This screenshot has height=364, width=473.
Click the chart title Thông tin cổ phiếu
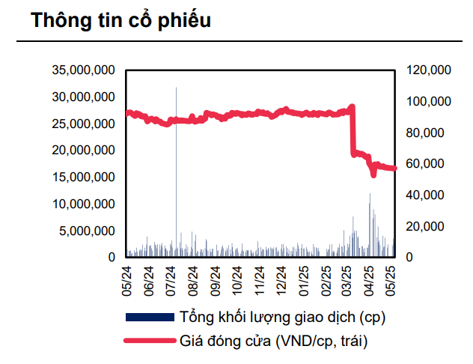click(120, 20)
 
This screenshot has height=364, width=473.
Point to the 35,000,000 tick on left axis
click(83, 70)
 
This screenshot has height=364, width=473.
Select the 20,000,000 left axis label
click(83, 151)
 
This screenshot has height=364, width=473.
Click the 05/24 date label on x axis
click(126, 277)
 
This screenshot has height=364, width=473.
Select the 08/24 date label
click(192, 277)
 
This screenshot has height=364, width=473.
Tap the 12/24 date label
click(282, 277)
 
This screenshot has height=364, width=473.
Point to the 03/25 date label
click(348, 277)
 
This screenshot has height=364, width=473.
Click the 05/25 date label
click(391, 277)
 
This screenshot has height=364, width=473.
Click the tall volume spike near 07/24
click(177, 150)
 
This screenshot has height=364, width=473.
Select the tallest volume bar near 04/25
click(370, 217)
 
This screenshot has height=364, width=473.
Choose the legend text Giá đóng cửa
click(275, 342)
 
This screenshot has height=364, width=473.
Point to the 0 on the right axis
click(409, 257)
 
